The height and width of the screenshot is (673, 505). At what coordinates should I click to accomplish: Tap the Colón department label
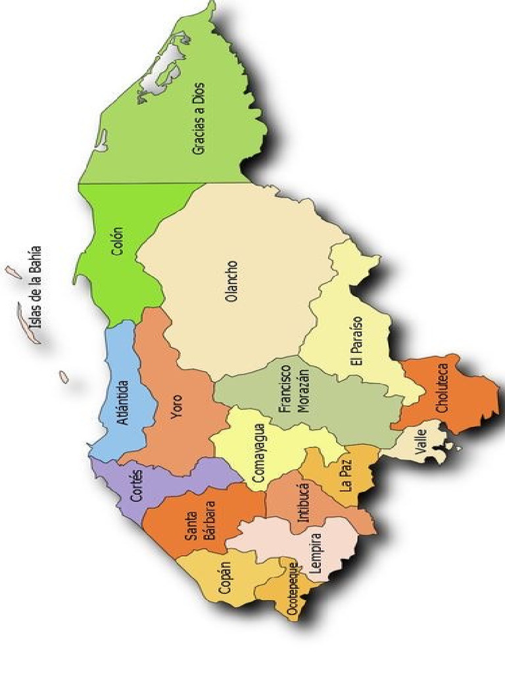tap(118, 241)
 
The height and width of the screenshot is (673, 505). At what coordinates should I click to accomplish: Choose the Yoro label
tap(177, 407)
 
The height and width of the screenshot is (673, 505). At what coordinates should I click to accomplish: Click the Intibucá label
tap(303, 503)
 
